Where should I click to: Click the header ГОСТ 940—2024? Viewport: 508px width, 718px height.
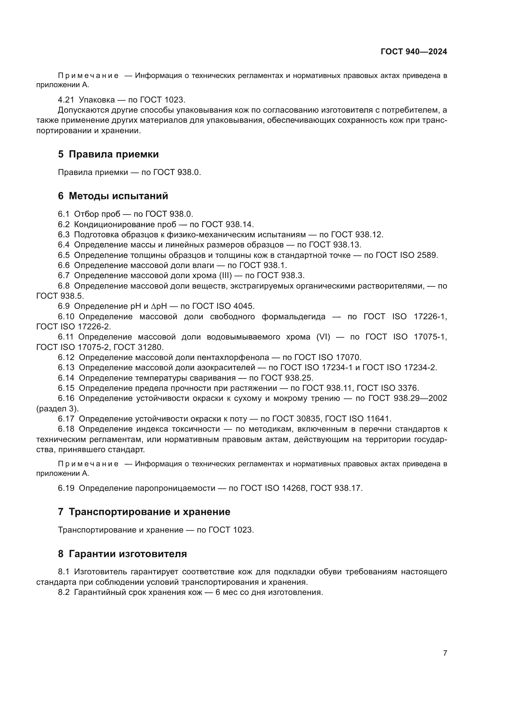click(413, 52)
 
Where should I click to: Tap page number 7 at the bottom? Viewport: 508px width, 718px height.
click(445, 653)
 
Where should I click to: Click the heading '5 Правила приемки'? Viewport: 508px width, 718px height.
click(108, 154)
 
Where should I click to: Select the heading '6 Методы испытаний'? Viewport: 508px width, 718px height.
click(113, 196)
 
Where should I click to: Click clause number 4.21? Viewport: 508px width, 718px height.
click(66, 100)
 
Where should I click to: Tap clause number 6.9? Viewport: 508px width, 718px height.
click(64, 306)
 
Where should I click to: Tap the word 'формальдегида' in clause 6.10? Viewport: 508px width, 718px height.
click(293, 316)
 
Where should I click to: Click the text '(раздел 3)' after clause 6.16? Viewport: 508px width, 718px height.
click(57, 408)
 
